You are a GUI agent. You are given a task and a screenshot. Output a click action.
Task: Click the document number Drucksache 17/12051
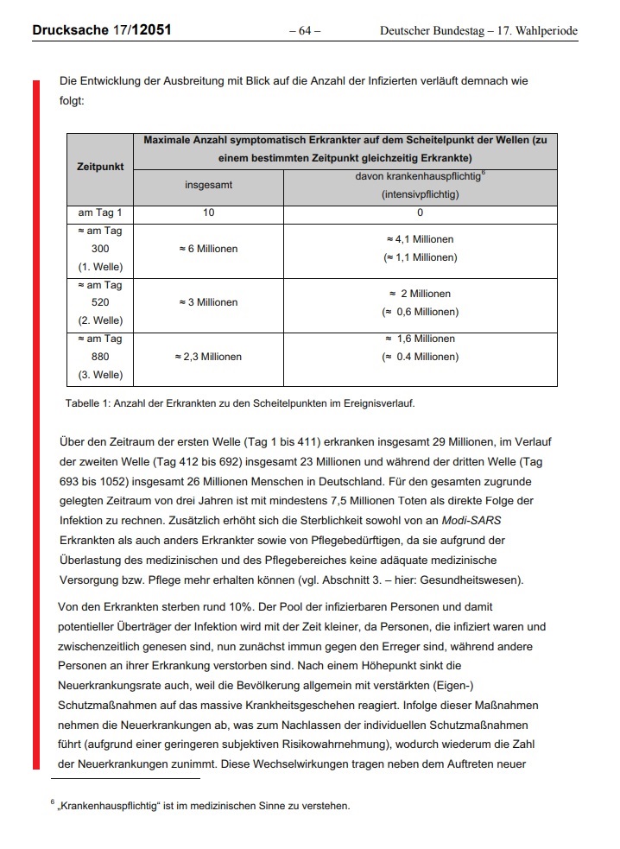(101, 30)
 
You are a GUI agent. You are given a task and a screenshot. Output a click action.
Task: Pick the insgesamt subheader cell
(208, 185)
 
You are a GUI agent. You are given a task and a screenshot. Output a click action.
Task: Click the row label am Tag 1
(100, 212)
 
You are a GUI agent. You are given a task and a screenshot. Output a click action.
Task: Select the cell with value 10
(208, 212)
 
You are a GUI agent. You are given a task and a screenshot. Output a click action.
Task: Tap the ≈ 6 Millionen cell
(208, 249)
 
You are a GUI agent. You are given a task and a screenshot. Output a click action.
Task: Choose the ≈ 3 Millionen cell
(208, 302)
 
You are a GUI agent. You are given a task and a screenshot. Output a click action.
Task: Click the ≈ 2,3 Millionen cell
(208, 356)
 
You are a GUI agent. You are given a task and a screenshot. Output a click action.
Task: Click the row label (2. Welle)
(100, 320)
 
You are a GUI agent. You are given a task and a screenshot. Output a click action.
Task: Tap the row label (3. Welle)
(100, 375)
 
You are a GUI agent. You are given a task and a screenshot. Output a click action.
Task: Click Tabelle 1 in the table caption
(87, 402)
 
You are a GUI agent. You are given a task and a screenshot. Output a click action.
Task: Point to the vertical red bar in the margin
(36, 423)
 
